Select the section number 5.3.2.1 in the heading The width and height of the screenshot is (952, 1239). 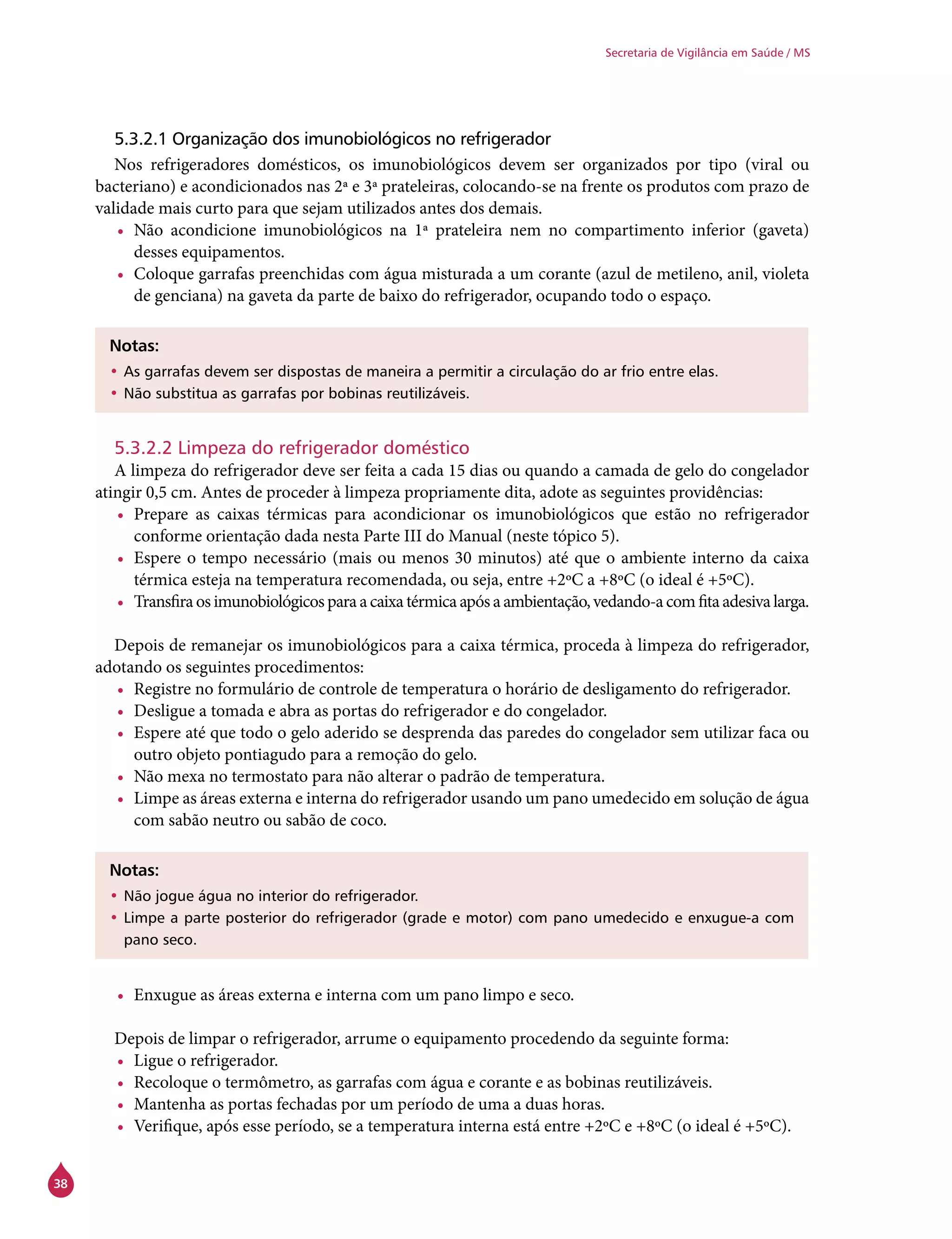pyautogui.click(x=140, y=139)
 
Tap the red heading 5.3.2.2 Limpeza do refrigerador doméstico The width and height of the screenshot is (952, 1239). pyautogui.click(x=292, y=448)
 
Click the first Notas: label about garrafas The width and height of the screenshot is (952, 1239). pyautogui.click(x=134, y=345)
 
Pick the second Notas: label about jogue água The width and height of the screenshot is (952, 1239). pyautogui.click(x=134, y=870)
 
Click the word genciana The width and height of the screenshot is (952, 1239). pyautogui.click(x=187, y=296)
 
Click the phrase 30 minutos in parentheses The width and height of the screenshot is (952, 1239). pyautogui.click(x=494, y=558)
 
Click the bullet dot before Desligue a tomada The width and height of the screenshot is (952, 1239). pyautogui.click(x=120, y=712)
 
